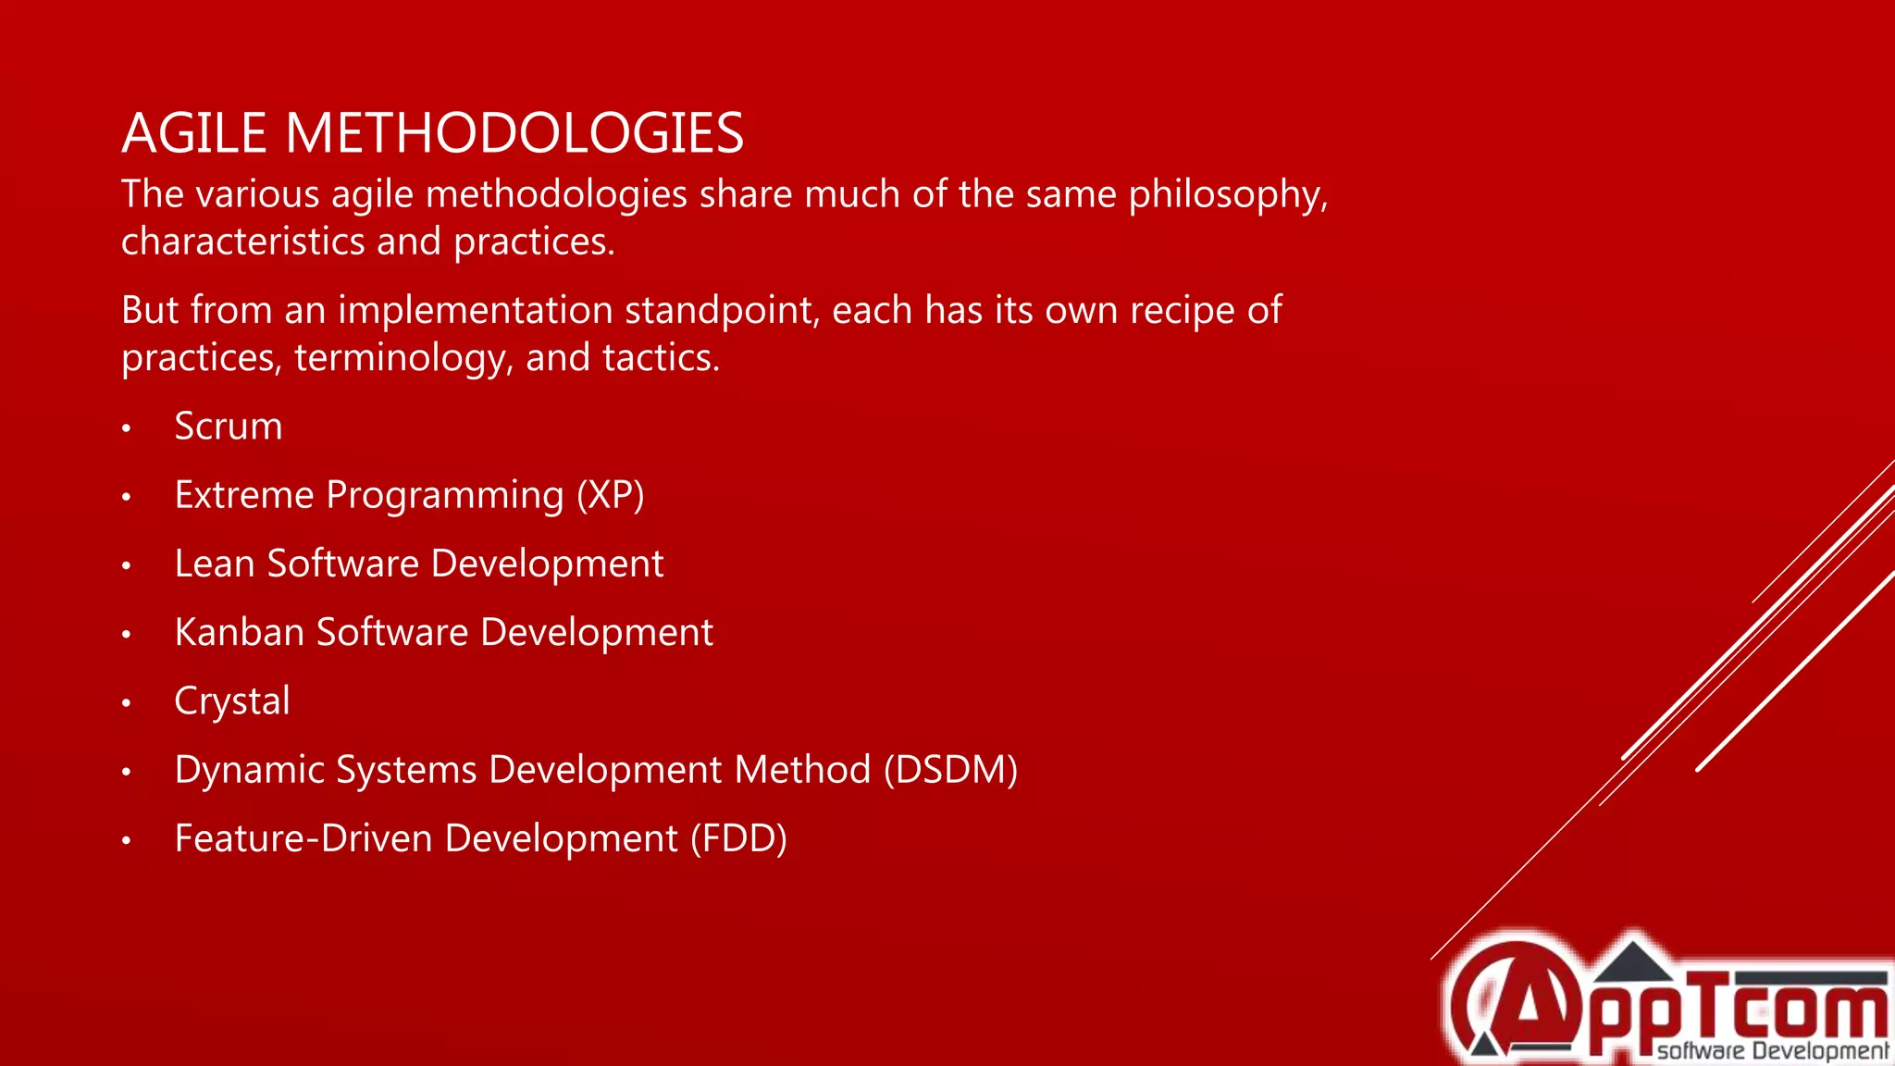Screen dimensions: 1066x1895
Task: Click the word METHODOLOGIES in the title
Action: point(514,133)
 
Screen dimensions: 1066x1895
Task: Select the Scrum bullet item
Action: point(229,427)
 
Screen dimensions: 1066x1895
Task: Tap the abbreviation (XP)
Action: point(611,495)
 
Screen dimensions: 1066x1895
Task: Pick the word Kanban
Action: point(239,633)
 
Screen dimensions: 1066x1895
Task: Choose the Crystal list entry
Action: point(232,701)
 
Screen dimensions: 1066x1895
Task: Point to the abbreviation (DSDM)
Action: point(950,770)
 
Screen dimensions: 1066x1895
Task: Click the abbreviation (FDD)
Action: point(738,838)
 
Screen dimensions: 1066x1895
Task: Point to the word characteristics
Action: point(242,242)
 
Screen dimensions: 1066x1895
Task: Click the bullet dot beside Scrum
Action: point(127,428)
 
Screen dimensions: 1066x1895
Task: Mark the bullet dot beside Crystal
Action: point(127,703)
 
